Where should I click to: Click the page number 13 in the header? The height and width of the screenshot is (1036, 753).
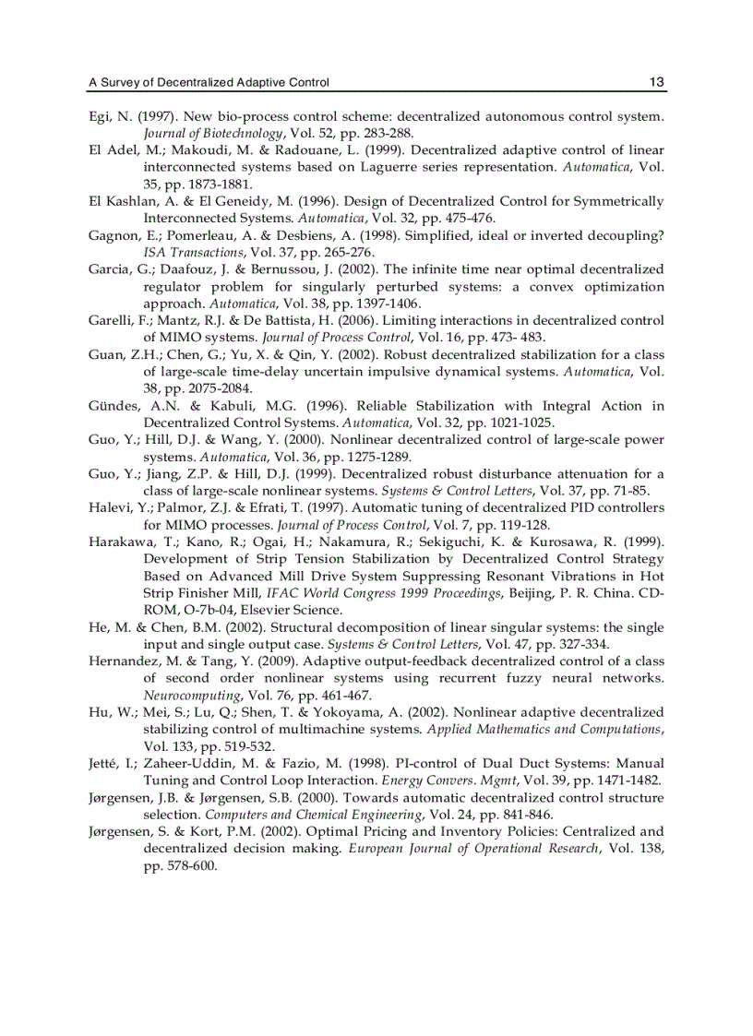pyautogui.click(x=656, y=82)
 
